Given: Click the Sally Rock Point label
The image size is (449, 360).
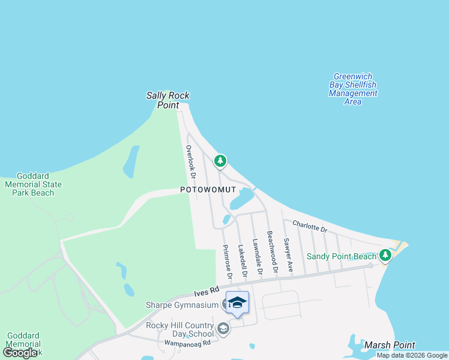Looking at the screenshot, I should point(163,100).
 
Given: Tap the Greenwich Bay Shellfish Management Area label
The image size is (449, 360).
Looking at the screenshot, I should point(353,89).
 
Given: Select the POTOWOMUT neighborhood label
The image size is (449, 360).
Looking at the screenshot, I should point(208,190).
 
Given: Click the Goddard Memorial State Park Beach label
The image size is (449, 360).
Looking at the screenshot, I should point(29,184).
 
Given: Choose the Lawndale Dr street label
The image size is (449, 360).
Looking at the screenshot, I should point(257,257).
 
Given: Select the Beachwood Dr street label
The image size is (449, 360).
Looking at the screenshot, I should point(272,252).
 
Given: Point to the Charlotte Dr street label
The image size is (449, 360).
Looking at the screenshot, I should point(310,227).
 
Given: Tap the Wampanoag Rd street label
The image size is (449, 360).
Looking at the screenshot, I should point(188,344).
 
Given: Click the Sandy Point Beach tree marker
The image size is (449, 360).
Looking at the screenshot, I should point(385,256).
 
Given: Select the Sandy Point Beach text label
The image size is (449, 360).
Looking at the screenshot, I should point(341,256).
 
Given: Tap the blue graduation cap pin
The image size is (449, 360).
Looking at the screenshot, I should point(237,302).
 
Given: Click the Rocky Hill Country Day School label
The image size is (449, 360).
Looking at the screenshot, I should point(180,329).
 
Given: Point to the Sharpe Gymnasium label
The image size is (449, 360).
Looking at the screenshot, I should point(182,305).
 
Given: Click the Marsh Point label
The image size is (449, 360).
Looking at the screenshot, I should point(389,345).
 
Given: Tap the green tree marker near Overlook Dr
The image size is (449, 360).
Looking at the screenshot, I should point(220,160).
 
